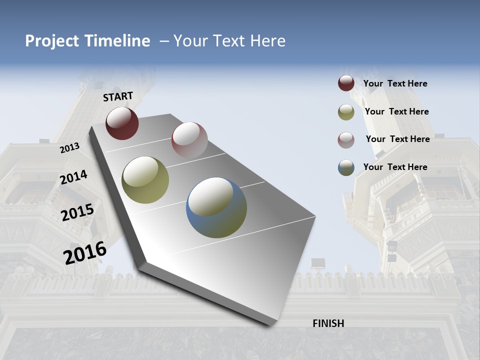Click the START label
point(118,96)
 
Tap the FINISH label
point(328,323)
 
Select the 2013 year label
point(70,147)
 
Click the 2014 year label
point(74,177)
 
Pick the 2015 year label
point(77,212)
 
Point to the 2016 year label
point(85,252)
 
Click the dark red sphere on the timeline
point(122,123)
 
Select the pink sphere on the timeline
point(189,139)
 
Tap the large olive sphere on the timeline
point(145,180)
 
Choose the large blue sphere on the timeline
point(216,207)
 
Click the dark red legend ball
point(346,83)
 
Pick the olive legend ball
point(346,112)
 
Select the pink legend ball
point(346,139)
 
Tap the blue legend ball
point(346,167)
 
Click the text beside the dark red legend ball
point(395,83)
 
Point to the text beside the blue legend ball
point(395,167)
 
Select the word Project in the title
point(52,41)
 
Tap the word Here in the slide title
point(267,41)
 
